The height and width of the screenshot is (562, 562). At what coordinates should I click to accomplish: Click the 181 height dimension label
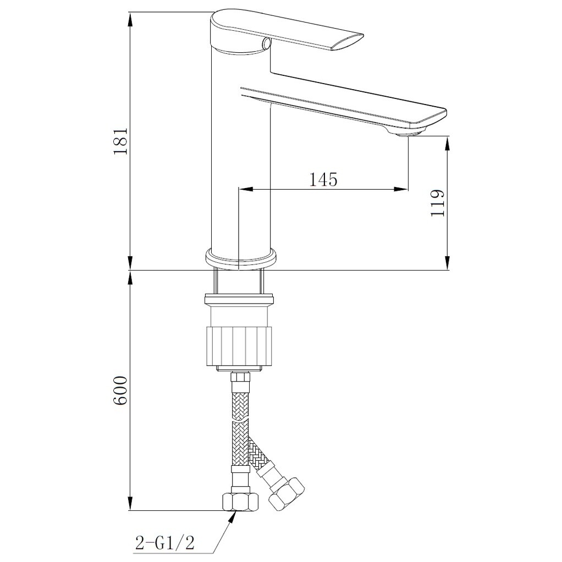(x=120, y=141)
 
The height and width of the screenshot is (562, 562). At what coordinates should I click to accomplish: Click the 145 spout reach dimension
(x=323, y=179)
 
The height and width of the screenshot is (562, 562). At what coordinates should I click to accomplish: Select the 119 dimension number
(x=438, y=203)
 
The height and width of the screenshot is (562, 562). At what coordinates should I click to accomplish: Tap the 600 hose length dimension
(x=120, y=391)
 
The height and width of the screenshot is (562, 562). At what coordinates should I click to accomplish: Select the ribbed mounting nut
(x=239, y=345)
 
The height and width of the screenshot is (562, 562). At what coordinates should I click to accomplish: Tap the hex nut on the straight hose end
(x=239, y=502)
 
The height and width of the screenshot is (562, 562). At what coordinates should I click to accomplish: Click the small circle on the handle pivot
(x=267, y=43)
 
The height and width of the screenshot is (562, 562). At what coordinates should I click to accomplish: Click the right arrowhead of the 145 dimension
(x=403, y=189)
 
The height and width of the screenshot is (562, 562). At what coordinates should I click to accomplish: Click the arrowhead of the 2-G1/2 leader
(x=235, y=515)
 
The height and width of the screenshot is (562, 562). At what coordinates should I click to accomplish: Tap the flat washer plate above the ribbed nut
(x=239, y=300)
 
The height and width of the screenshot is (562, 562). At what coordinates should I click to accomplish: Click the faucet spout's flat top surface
(x=341, y=97)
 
